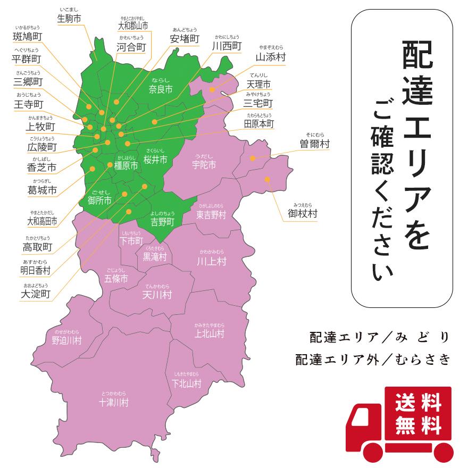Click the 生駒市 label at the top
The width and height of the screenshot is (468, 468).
coord(69,18)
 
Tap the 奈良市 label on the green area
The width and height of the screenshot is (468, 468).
coord(161,90)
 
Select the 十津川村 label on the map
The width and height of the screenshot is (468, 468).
coord(113,402)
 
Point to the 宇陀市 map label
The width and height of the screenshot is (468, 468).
coord(204,165)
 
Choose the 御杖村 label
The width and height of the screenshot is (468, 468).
coord(302,213)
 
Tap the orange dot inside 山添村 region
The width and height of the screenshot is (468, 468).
coord(212,89)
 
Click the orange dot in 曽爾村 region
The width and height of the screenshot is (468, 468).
coord(253,158)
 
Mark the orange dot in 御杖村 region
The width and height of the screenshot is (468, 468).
coord(268,179)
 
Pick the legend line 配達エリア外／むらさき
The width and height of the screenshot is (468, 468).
coord(372,360)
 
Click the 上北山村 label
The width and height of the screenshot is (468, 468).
coord(209,333)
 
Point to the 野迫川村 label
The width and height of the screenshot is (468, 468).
coord(66,340)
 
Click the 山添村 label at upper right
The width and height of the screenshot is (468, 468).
coord(270,57)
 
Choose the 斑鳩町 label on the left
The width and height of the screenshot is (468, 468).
coord(28,37)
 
